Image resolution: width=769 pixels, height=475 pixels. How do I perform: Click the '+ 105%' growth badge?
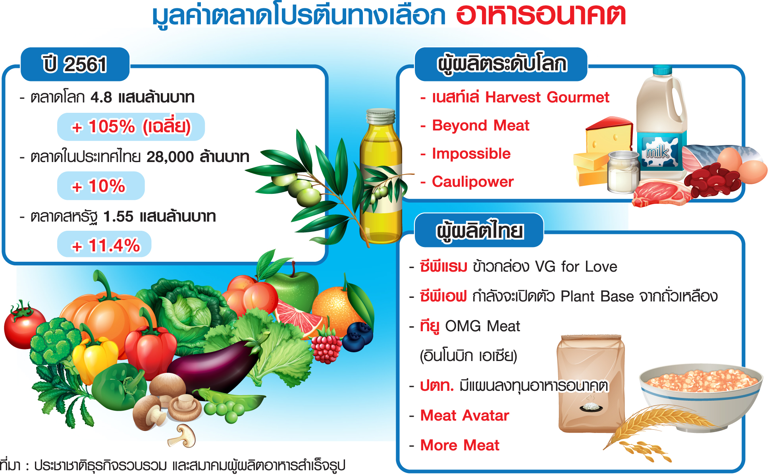(x=131, y=127)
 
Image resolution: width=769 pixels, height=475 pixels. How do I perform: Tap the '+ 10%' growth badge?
(x=101, y=185)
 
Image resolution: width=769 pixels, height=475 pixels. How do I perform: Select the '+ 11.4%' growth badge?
(x=104, y=245)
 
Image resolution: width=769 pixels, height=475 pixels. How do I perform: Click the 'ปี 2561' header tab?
(x=75, y=64)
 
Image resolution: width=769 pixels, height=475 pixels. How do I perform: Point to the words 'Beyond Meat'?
(x=480, y=126)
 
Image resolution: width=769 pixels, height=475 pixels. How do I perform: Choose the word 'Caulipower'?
(x=472, y=182)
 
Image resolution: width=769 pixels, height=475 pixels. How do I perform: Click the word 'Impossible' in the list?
(x=471, y=154)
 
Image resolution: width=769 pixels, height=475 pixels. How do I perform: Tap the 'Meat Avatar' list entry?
(x=464, y=415)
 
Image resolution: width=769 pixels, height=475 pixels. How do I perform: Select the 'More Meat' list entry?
(x=460, y=445)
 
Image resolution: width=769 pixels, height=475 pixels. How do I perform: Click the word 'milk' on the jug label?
(x=657, y=151)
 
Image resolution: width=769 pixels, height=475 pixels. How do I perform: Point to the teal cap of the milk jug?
(x=663, y=71)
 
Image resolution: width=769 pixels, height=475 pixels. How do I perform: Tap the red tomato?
(x=24, y=326)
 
